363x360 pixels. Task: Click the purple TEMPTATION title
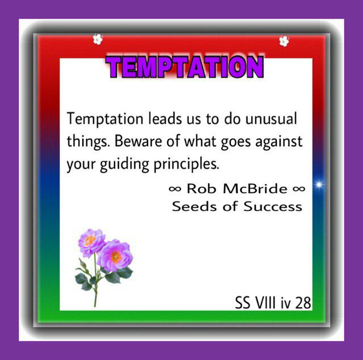point(184,67)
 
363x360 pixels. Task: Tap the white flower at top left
point(98,39)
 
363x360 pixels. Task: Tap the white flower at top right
point(284,41)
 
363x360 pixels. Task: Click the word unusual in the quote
point(271,119)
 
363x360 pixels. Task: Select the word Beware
point(138,141)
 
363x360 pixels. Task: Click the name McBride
point(255,189)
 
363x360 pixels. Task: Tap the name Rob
point(201,189)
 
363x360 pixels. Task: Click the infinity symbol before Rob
point(175,189)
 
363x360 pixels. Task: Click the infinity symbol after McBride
point(299,189)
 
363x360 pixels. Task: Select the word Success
point(273,206)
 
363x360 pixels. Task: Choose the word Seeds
point(194,206)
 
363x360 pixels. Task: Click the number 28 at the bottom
point(303,303)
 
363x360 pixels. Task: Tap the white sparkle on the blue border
point(319,185)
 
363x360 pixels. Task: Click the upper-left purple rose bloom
point(91,242)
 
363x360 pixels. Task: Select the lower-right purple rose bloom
point(115,256)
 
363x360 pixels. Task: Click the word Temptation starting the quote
point(105,119)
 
